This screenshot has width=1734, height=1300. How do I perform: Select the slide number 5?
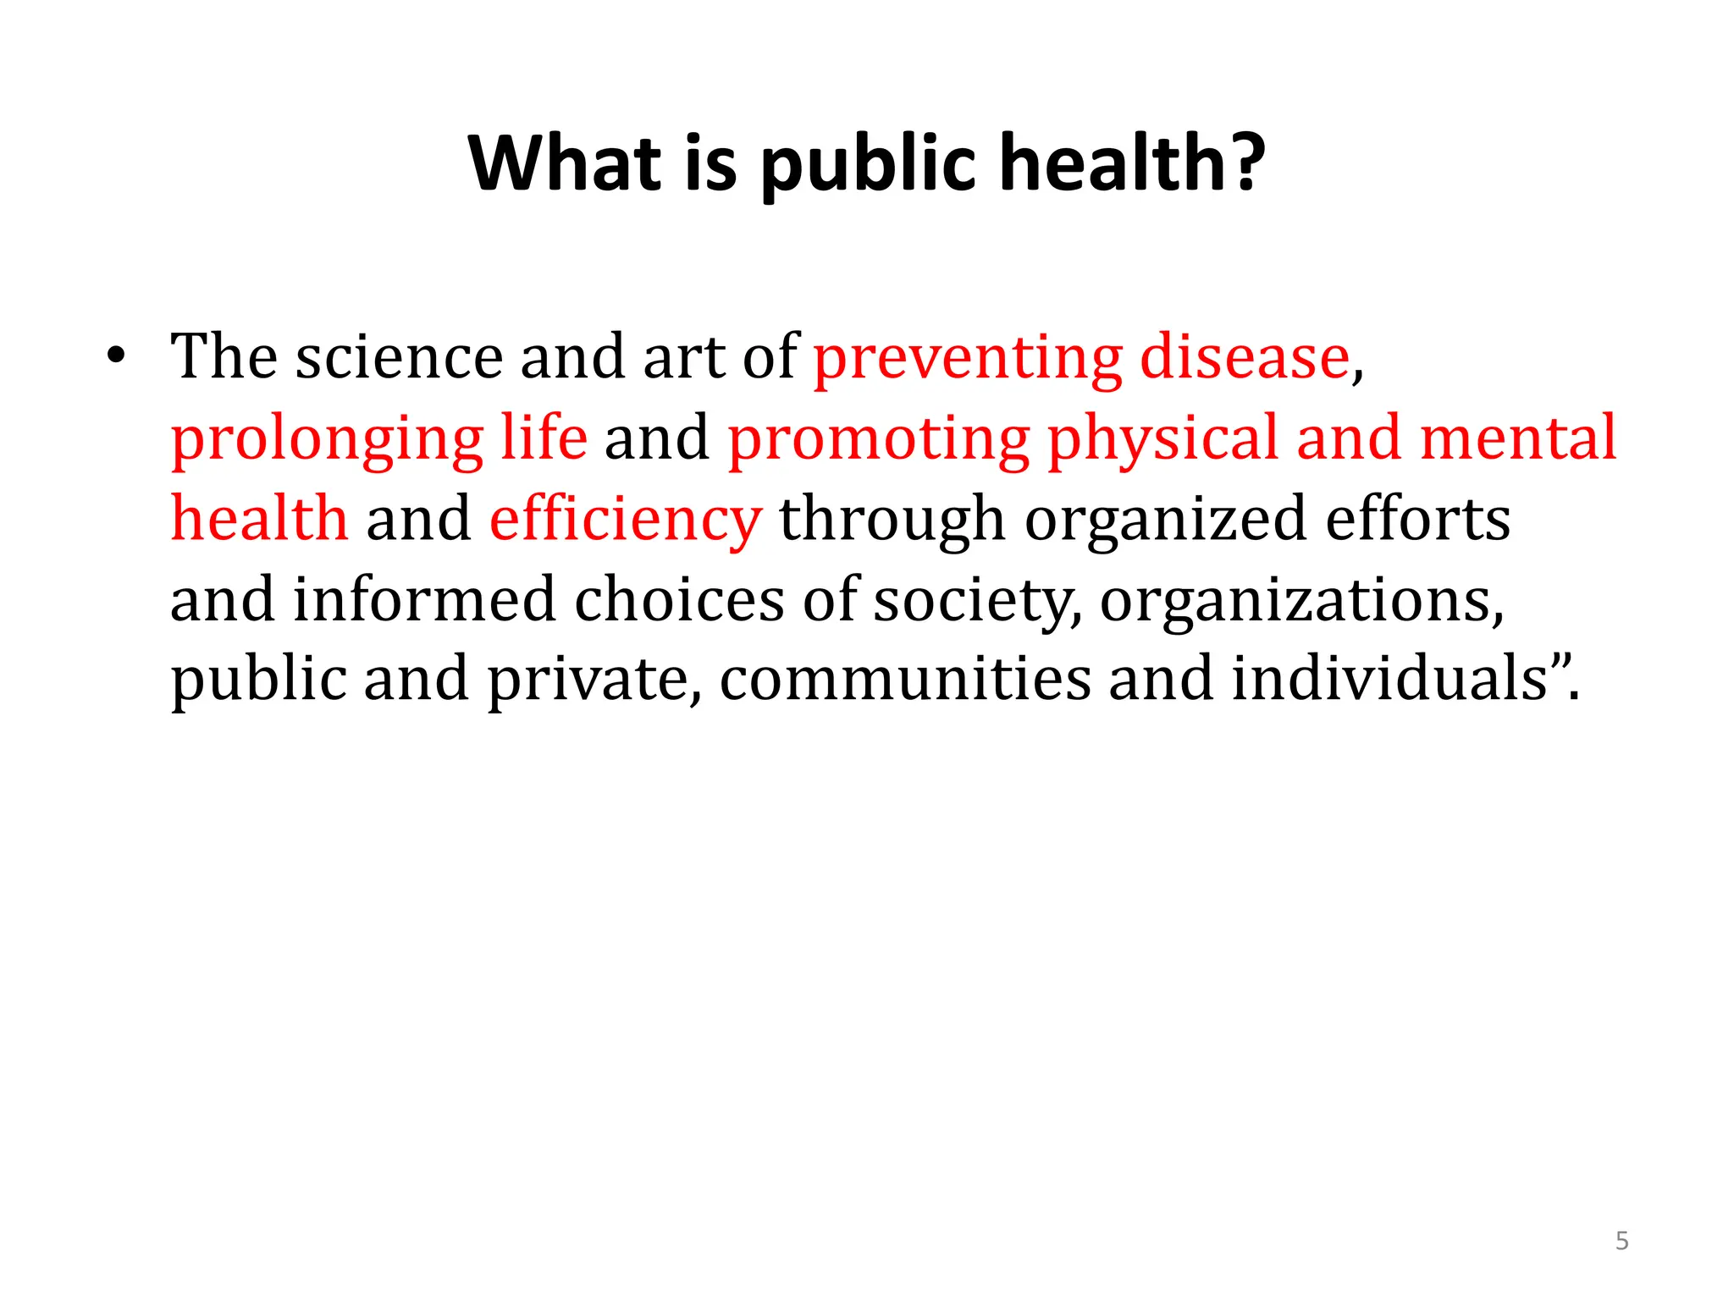pyautogui.click(x=1621, y=1241)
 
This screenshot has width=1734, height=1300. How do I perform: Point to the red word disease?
pyautogui.click(x=1244, y=357)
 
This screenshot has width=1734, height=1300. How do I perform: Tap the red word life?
pyautogui.click(x=544, y=438)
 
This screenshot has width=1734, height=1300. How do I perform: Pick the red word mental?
pyautogui.click(x=1518, y=438)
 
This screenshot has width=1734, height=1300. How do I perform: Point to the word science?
pyautogui.click(x=399, y=357)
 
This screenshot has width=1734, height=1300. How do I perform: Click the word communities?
pyautogui.click(x=905, y=680)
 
